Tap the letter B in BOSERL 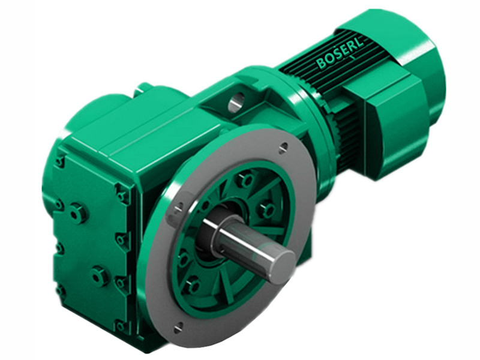320,65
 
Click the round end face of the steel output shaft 279,262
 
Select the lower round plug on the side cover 98,276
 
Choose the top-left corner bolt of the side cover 60,161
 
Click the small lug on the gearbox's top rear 142,88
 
